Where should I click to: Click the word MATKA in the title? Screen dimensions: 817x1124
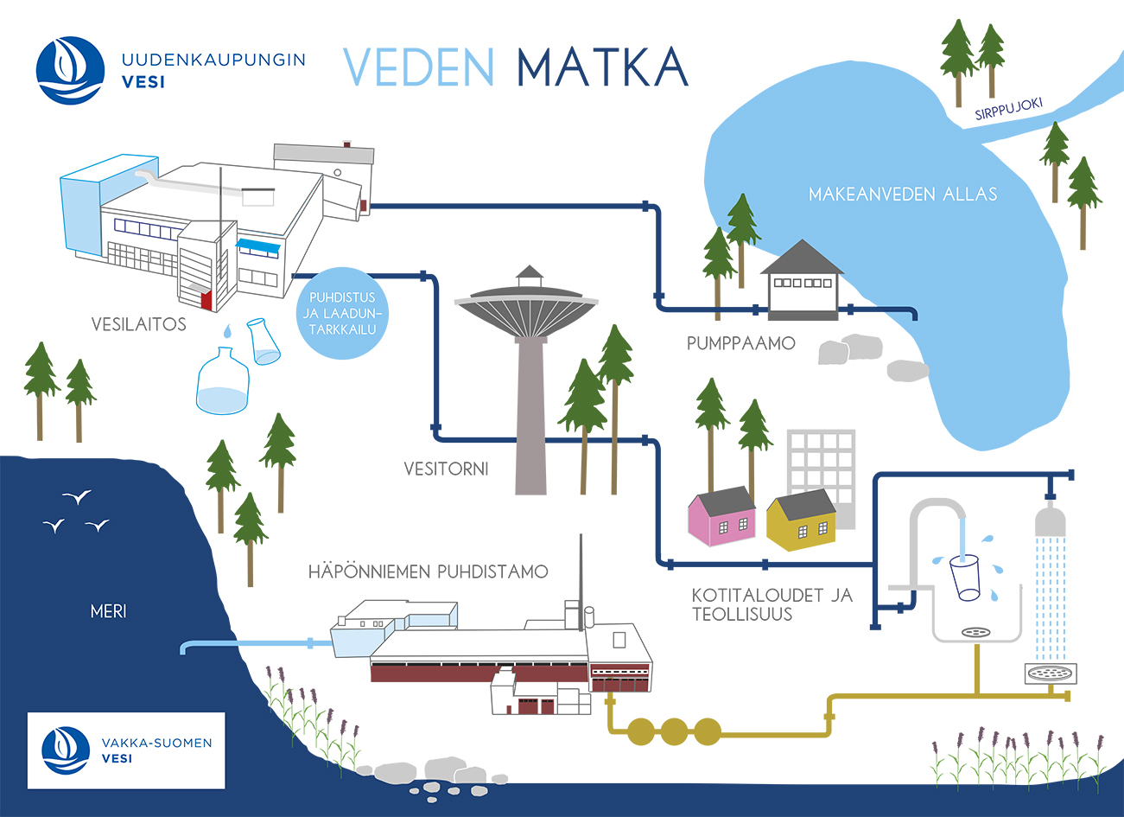click(x=602, y=67)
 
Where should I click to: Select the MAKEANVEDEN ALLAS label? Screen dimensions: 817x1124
click(x=902, y=194)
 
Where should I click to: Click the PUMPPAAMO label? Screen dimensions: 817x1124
click(x=740, y=343)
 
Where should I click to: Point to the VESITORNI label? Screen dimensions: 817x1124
click(x=446, y=469)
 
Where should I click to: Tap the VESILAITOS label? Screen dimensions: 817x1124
click(x=138, y=324)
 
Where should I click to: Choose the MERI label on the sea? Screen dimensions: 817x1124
click(x=108, y=611)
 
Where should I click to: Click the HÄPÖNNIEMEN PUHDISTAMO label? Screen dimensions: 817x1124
click(x=428, y=571)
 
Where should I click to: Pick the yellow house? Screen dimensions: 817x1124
click(x=802, y=521)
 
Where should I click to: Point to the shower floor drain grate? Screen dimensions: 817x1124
click(x=1049, y=672)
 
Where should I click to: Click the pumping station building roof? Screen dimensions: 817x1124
click(x=801, y=258)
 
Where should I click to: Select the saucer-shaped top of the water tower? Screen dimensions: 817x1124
click(x=528, y=306)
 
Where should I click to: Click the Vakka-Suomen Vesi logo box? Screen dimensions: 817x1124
click(x=126, y=750)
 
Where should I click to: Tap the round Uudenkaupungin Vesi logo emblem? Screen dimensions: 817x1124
click(x=70, y=70)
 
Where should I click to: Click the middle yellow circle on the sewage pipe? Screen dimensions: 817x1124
click(x=674, y=731)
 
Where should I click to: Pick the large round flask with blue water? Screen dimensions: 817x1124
click(x=223, y=383)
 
